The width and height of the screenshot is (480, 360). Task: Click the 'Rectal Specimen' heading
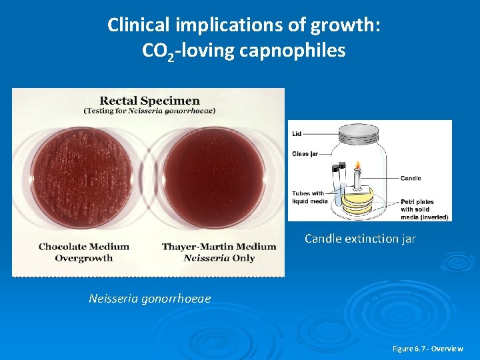[149, 100]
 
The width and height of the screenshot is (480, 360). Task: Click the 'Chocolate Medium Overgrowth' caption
[84, 252]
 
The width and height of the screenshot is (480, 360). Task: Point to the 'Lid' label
[297, 134]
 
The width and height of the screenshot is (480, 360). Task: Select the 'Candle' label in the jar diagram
[411, 179]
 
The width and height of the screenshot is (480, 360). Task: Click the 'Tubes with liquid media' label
[308, 197]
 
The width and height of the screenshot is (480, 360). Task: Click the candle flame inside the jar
[357, 166]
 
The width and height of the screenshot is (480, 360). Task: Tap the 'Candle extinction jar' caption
[360, 238]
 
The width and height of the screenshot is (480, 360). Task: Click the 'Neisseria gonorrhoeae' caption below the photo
[149, 299]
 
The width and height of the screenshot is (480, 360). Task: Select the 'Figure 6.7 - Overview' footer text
[427, 349]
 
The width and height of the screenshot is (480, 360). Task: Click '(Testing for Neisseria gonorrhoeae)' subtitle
[149, 111]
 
